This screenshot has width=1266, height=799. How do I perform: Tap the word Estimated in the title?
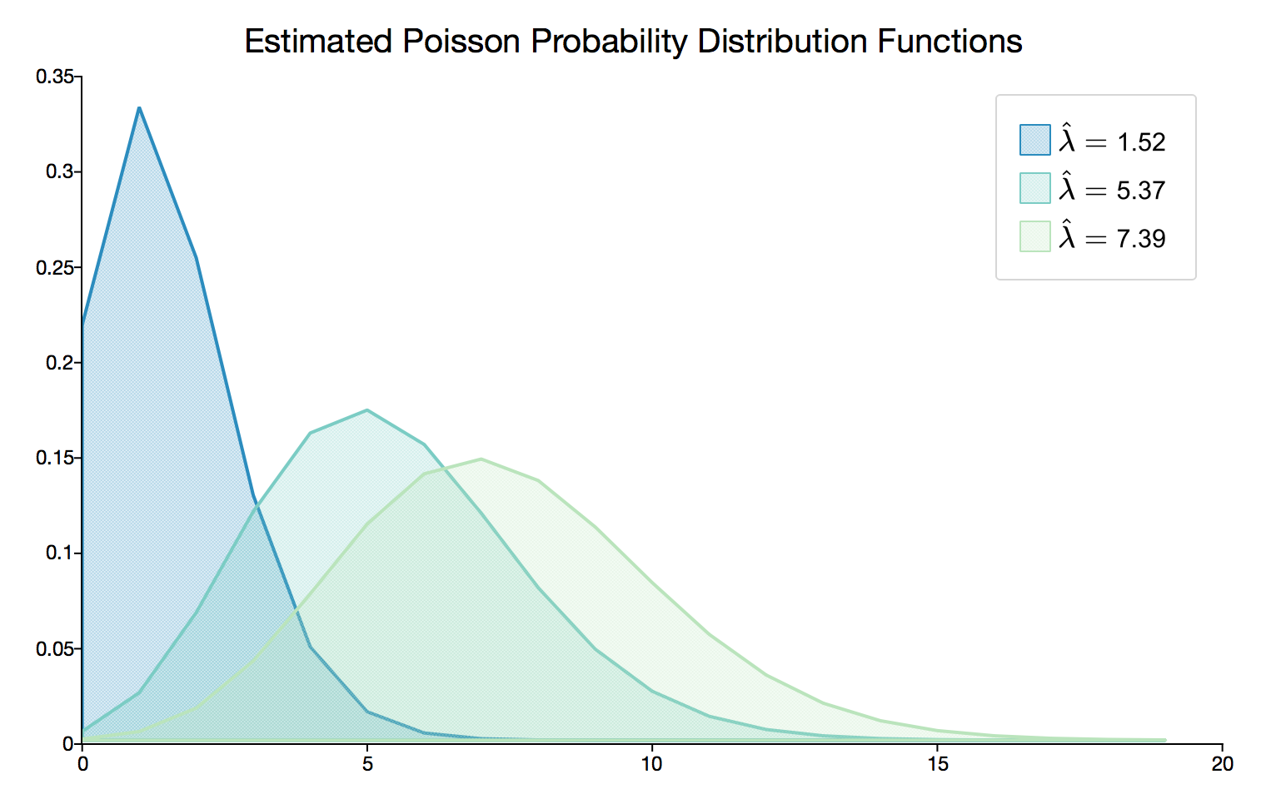point(318,42)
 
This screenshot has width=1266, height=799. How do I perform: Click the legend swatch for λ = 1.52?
point(1034,140)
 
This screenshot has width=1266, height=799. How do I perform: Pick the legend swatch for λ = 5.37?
point(1034,188)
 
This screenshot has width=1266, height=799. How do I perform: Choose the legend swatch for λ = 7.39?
point(1034,236)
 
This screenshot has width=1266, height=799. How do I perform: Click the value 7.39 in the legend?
point(1140,239)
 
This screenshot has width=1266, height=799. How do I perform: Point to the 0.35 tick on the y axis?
point(55,77)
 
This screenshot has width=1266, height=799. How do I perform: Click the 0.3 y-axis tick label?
point(59,172)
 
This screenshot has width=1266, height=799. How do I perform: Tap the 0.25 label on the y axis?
point(55,268)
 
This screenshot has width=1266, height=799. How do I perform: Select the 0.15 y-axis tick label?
point(55,459)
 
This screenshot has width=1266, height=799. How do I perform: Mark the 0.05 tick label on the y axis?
point(55,649)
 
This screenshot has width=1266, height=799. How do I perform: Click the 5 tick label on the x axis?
point(367,764)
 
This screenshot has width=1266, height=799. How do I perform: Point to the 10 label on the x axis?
point(652,764)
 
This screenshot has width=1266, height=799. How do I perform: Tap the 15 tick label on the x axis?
point(938,764)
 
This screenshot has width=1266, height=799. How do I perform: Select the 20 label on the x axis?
point(1222,764)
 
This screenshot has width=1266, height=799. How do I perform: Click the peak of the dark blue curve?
point(139,107)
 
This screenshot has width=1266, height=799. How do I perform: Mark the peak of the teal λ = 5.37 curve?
point(367,409)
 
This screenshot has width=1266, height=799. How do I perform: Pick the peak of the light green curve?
point(481,459)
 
